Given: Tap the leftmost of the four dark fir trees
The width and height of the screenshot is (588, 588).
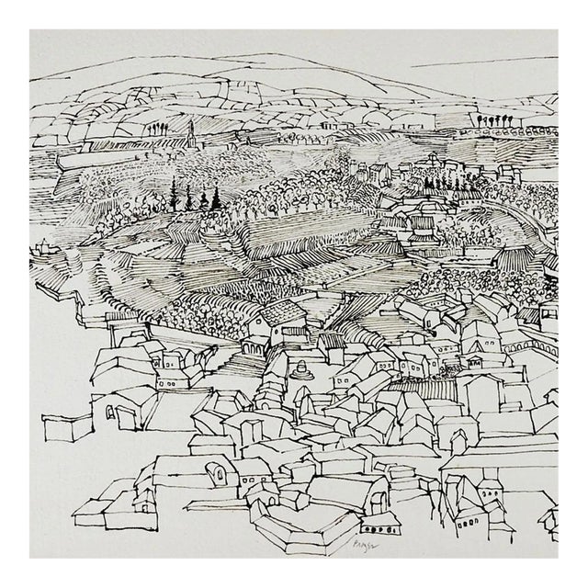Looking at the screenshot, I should point(173,195).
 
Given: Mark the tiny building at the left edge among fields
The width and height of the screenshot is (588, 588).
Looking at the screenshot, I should point(41,248).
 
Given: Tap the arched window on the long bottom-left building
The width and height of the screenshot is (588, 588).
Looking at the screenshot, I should point(219,474).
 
